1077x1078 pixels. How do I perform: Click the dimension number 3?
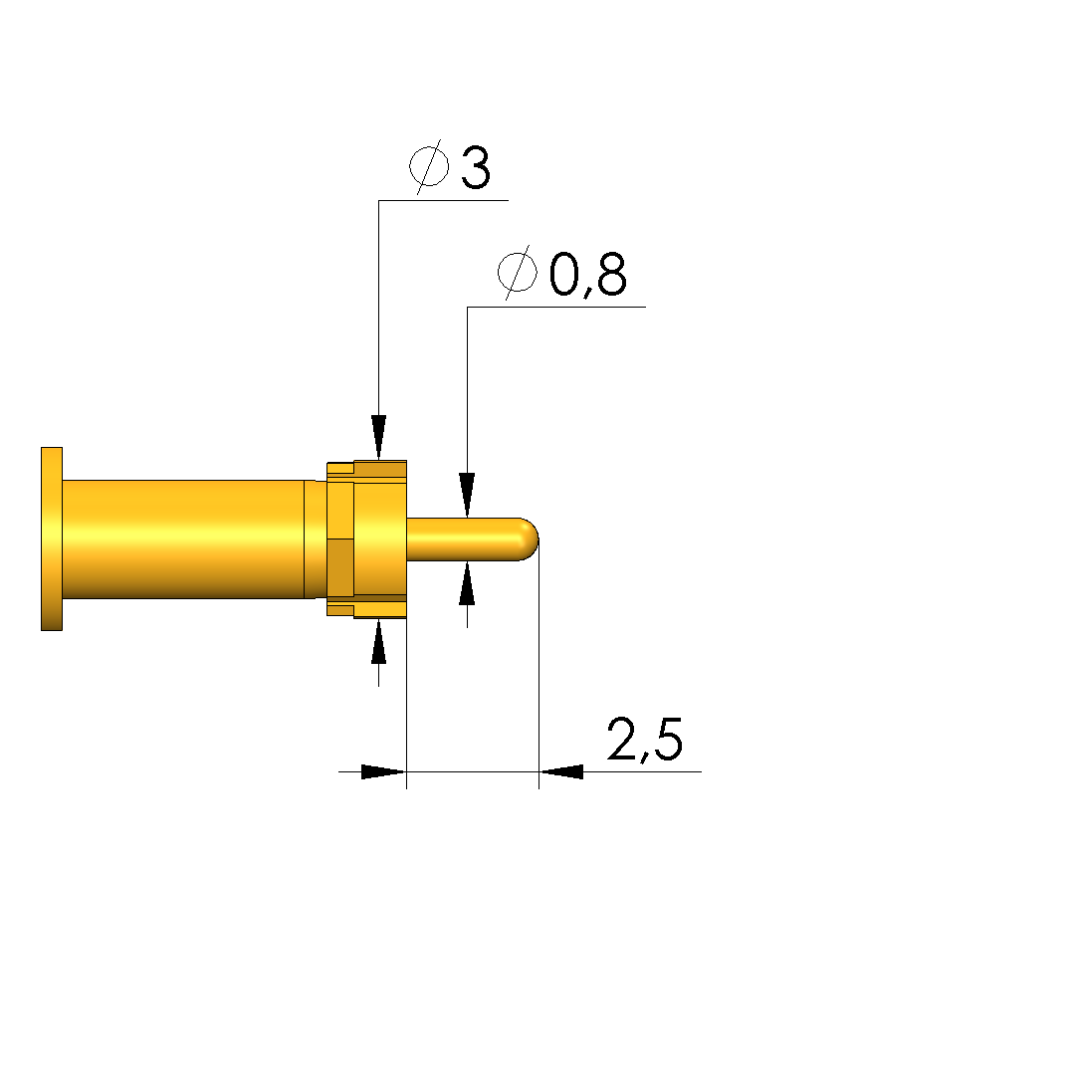(476, 167)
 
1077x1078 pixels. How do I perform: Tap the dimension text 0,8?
(587, 275)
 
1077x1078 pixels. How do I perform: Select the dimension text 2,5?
(645, 740)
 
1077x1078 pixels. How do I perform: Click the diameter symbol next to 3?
(429, 166)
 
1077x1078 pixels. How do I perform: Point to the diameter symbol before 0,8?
(517, 273)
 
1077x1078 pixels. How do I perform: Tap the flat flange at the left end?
(52, 539)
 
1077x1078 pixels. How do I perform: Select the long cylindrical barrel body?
(183, 539)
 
